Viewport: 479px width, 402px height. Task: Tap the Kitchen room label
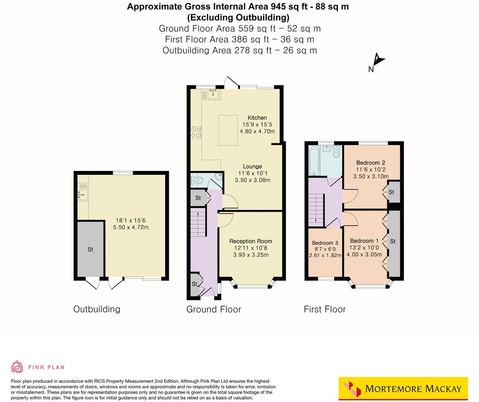pos(257,118)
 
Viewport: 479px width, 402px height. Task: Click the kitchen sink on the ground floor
pos(212,94)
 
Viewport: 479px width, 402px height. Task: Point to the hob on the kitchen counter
pos(196,133)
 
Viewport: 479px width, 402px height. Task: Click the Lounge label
pos(252,166)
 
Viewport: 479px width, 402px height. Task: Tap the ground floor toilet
pos(197,181)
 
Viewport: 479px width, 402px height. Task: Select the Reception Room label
pos(251,241)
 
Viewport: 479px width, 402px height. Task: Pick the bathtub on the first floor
pos(315,161)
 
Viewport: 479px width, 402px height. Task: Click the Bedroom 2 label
pos(370,163)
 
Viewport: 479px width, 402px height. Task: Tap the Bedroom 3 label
pos(325,243)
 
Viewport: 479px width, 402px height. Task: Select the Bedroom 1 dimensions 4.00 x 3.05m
pos(366,254)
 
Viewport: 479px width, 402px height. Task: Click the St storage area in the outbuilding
pos(90,249)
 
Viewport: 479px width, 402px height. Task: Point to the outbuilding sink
pos(83,195)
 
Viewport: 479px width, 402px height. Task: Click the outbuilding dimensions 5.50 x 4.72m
pos(131,227)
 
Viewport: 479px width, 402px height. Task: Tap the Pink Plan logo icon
pos(17,367)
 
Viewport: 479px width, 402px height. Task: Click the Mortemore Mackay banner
pos(403,388)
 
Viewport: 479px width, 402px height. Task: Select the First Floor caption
pos(325,309)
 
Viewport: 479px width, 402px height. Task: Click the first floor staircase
pos(316,208)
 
